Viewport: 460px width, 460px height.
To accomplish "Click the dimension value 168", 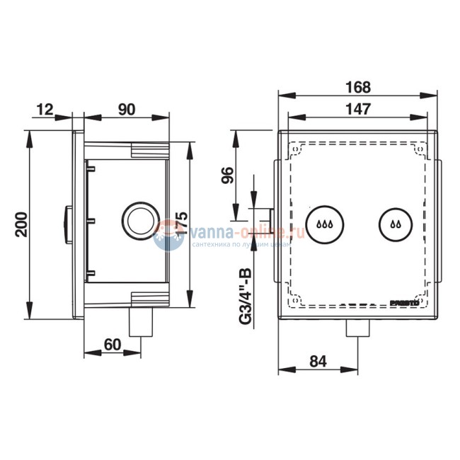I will (359, 88).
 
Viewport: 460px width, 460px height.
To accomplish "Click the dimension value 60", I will (111, 344).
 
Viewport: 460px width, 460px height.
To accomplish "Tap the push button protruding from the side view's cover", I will (67, 223).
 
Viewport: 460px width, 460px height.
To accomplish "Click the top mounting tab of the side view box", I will (149, 150).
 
